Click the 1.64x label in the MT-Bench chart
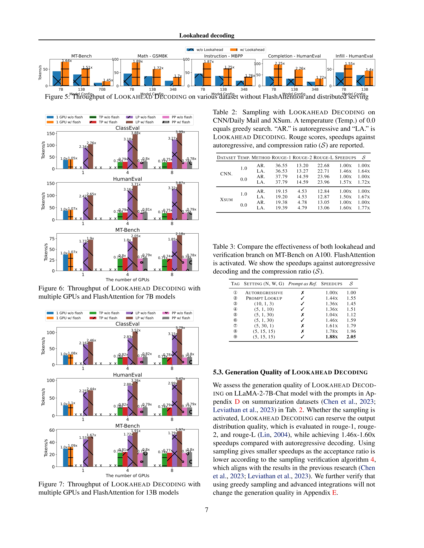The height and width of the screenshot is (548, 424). (67, 61)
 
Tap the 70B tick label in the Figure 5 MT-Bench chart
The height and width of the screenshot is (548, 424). (102, 89)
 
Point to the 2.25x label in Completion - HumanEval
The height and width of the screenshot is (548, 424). (280, 63)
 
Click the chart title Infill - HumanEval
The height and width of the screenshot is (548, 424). (354, 56)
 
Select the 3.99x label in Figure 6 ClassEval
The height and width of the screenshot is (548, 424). (180, 132)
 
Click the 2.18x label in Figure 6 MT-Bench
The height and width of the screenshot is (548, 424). (180, 234)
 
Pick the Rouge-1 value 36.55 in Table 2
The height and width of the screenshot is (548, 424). (281, 166)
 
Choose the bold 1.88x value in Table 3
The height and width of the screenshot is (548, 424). (332, 337)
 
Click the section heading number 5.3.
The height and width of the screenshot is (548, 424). (218, 372)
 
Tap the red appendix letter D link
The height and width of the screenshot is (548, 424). (237, 402)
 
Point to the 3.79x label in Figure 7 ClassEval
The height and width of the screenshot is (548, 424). (180, 328)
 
